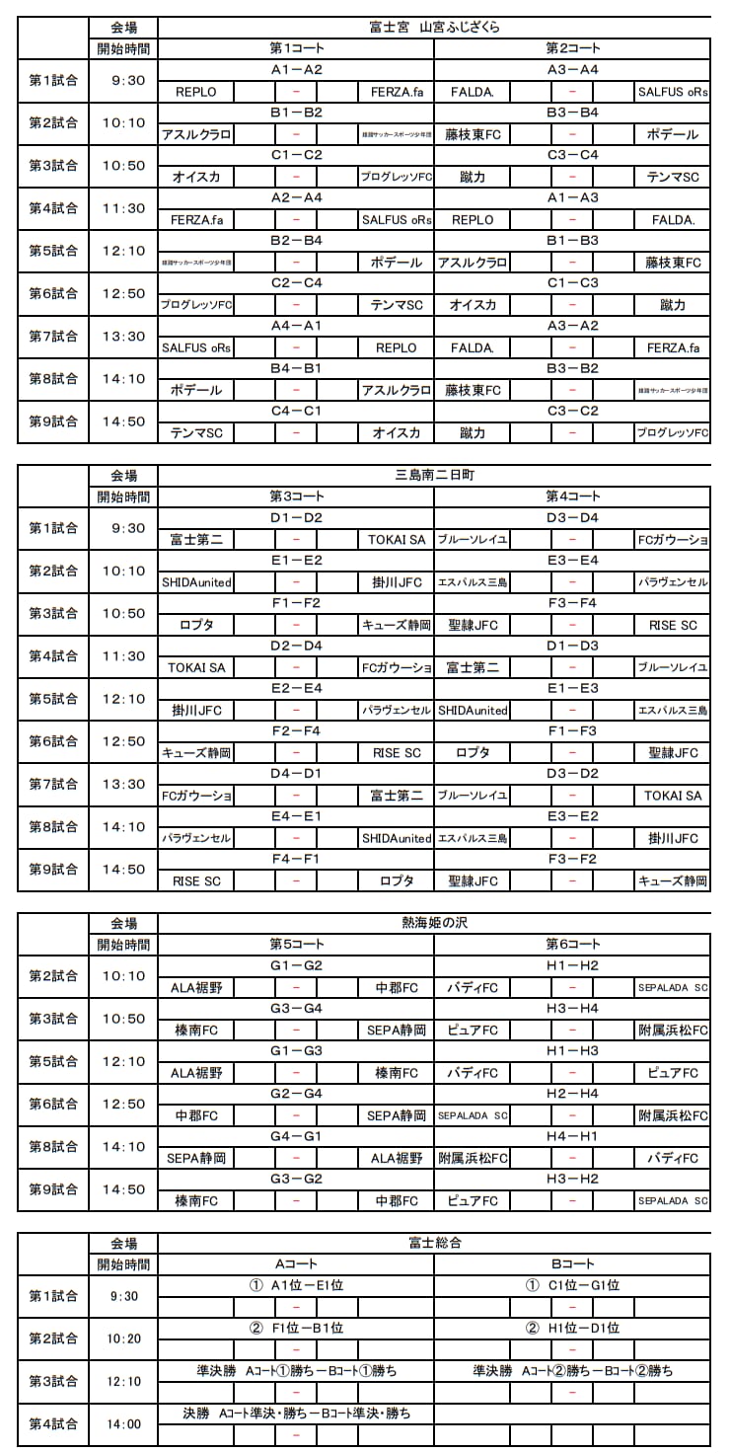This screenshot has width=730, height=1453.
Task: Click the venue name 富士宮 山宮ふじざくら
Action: coord(434,27)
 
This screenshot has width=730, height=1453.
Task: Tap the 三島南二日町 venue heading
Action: coord(434,475)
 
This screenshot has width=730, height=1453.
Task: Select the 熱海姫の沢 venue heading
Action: coord(434,923)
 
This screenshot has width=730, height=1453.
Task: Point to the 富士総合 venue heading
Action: coord(434,1243)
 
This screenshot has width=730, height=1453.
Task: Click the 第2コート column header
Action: coord(572,47)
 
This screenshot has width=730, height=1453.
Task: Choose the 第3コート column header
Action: coord(296,496)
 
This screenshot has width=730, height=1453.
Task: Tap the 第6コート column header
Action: coord(572,944)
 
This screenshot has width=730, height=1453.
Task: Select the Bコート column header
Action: coord(572,1263)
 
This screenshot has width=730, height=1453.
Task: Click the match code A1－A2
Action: coord(296,69)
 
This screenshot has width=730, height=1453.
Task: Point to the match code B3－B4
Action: coord(572,112)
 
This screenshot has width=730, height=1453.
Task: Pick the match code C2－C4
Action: coord(296,282)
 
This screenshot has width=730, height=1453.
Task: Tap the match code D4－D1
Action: coord(296,773)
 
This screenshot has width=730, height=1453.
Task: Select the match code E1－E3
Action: coord(572,688)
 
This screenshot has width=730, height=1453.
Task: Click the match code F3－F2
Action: coord(572,859)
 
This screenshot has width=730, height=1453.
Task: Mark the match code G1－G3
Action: coord(296,1050)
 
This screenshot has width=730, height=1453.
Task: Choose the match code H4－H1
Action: coord(572,1136)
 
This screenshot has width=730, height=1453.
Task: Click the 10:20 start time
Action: coord(123,1338)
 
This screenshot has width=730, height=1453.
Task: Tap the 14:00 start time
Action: coord(123,1423)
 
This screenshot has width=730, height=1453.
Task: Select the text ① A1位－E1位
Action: coord(296,1285)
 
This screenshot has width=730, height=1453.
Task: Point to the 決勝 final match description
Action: coord(296,1414)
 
